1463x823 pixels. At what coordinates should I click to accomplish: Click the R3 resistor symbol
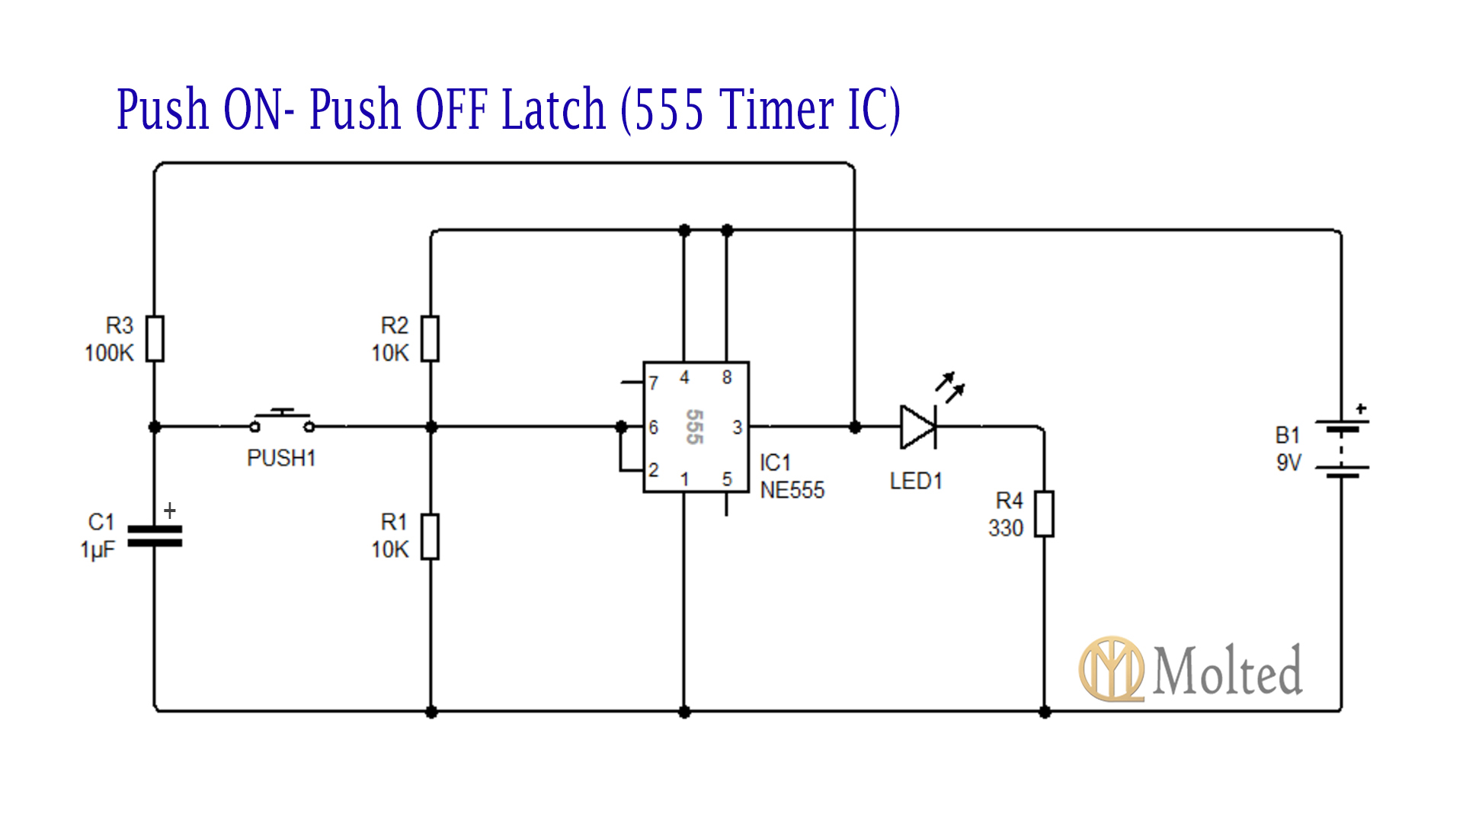[155, 338]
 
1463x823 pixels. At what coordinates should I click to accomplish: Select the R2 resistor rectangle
[431, 338]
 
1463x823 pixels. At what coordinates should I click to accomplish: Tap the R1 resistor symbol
[431, 536]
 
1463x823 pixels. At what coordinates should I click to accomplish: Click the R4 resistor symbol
[1044, 514]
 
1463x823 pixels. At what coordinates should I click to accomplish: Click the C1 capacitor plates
[155, 536]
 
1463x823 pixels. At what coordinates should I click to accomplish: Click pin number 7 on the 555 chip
[654, 383]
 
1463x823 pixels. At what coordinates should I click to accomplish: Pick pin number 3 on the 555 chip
[737, 428]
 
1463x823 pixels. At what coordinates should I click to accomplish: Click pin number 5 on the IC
[727, 479]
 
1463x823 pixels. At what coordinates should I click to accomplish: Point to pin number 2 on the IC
[654, 469]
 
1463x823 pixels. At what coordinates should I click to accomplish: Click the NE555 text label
[792, 490]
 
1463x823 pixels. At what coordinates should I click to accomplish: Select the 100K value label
[109, 353]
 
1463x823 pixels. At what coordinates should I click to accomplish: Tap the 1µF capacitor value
[98, 549]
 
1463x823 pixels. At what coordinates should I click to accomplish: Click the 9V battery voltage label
[1289, 463]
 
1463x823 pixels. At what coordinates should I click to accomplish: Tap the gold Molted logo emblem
[1111, 669]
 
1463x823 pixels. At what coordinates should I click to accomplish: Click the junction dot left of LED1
[855, 428]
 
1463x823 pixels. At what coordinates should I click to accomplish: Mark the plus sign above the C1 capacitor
[170, 511]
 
